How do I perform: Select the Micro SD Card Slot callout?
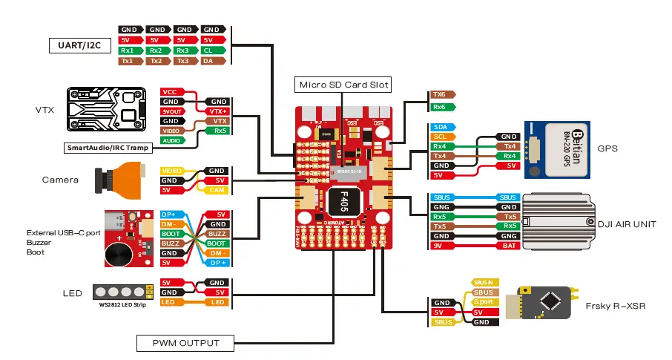(342, 85)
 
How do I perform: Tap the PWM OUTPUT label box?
(185, 343)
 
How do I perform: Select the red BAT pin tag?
(508, 245)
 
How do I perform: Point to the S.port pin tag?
(483, 303)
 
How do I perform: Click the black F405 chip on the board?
(343, 200)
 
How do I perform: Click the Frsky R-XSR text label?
(615, 305)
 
